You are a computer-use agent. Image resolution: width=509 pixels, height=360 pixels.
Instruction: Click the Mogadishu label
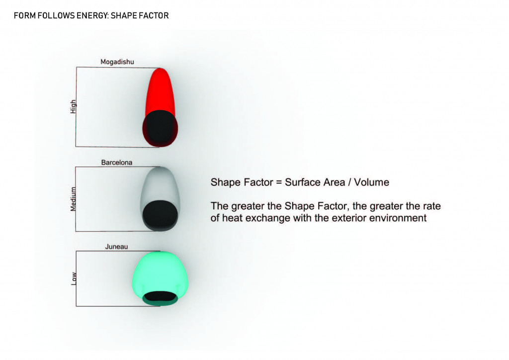click(x=117, y=62)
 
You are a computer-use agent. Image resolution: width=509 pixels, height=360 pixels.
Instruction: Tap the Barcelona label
click(x=117, y=163)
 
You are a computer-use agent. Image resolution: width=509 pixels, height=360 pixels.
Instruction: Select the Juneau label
click(x=117, y=246)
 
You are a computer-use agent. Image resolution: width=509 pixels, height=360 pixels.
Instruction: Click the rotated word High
click(x=74, y=106)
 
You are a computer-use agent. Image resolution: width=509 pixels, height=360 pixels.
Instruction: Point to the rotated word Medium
click(x=74, y=199)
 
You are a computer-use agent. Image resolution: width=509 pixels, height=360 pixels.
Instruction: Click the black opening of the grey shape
click(x=160, y=213)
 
